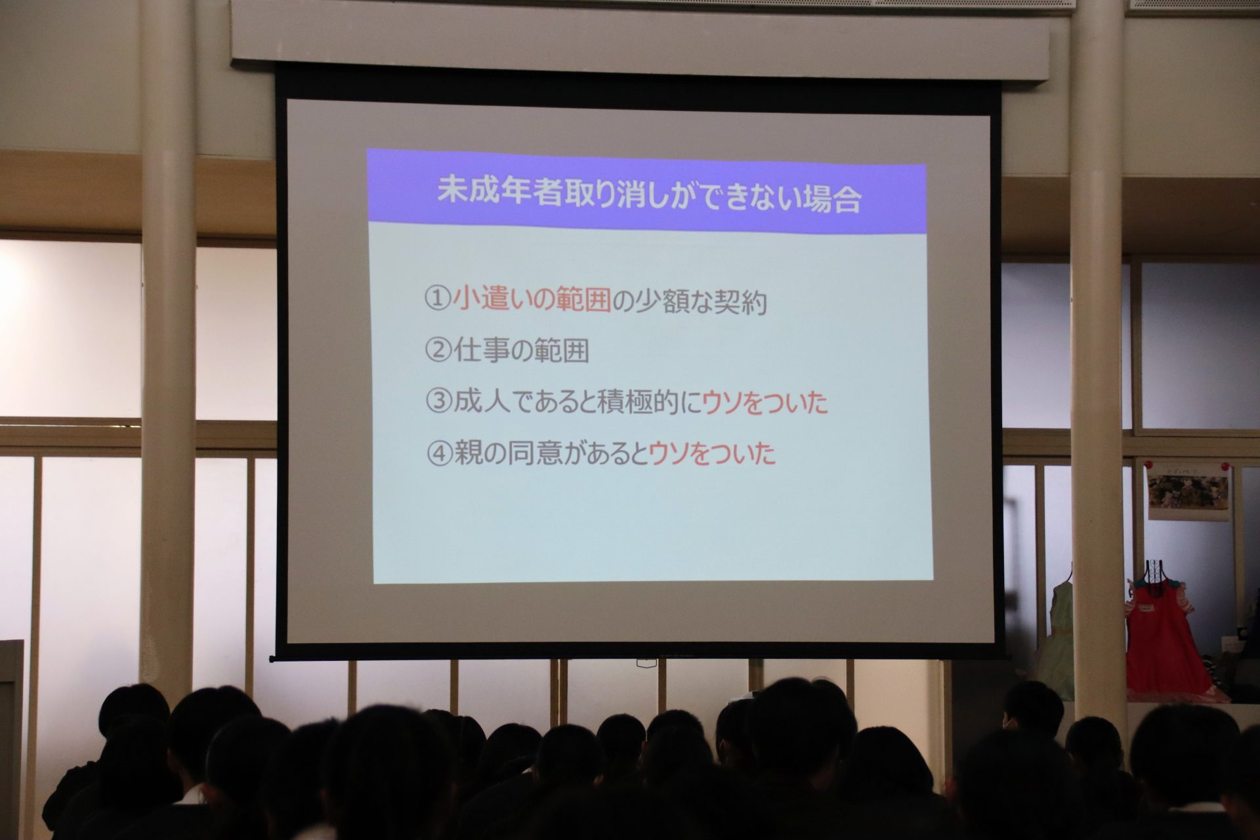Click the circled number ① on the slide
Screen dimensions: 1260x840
tap(438, 301)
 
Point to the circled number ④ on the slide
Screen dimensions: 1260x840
tap(440, 454)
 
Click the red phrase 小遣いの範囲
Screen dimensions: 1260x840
tap(532, 301)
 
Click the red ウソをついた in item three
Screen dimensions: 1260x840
tap(765, 403)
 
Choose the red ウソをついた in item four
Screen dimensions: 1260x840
tap(712, 454)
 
